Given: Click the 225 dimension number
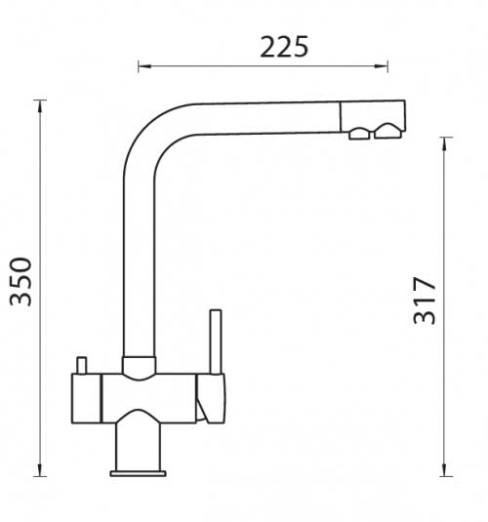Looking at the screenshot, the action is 284,47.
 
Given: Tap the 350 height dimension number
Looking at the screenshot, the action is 21,282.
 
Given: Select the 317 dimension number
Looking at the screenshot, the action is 424,301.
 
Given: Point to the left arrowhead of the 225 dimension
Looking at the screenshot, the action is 144,66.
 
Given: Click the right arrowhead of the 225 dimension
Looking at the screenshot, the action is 381,66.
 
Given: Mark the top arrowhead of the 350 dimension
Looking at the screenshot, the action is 40,106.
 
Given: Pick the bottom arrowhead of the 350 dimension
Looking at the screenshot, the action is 40,469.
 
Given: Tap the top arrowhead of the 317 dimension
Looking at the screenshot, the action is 445,143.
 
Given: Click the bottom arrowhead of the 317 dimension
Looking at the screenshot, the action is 445,469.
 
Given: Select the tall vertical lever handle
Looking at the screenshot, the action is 216,341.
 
